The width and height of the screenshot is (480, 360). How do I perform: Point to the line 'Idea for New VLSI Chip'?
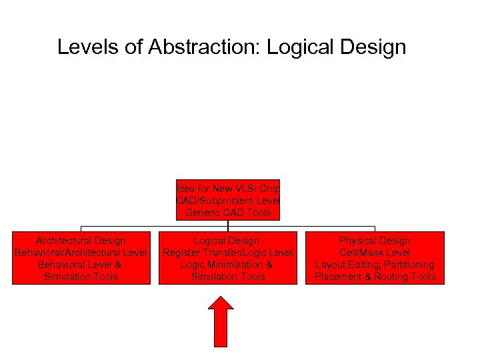(228, 189)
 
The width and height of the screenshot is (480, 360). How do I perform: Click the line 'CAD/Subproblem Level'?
(228, 201)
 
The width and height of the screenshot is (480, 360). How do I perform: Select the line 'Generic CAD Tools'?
(228, 213)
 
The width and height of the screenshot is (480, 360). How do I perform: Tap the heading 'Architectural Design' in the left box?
(81, 241)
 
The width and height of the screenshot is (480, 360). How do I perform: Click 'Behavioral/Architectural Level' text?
(81, 253)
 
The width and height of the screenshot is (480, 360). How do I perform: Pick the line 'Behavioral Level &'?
(81, 265)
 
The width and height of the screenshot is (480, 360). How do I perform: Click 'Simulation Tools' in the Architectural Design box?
(81, 277)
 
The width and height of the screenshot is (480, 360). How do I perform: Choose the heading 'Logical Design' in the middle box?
(227, 241)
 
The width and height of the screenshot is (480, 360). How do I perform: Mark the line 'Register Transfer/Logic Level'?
(228, 253)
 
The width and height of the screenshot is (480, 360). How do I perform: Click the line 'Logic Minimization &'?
(227, 265)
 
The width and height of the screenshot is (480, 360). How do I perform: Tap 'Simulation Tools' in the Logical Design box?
(228, 277)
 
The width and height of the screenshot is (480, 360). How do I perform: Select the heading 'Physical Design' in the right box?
(375, 241)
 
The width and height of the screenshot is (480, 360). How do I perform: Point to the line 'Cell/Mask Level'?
(375, 253)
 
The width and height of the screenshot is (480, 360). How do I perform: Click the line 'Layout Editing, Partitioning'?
(375, 265)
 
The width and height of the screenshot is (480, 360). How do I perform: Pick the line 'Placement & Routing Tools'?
(375, 277)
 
